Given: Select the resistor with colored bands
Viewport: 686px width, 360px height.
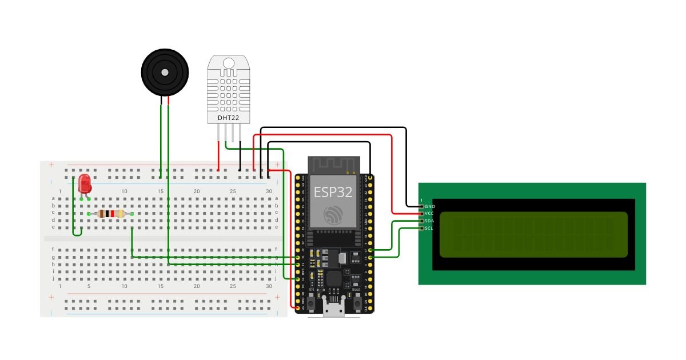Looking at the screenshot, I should (111, 214).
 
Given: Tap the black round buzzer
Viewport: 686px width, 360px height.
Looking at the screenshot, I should (165, 72).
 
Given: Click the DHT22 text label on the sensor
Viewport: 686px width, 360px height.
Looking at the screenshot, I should (228, 118).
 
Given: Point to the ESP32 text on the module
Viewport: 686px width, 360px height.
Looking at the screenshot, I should (333, 192).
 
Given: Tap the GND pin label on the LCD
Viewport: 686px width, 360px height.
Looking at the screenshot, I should (430, 206).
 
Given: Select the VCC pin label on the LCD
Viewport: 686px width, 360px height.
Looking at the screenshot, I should (430, 214).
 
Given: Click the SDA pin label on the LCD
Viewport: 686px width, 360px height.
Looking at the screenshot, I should (430, 221).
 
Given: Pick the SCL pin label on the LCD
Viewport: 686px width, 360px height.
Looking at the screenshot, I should (430, 229).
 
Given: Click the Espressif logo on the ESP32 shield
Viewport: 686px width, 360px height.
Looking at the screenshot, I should (333, 214).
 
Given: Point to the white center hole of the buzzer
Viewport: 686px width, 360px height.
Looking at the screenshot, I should (165, 73).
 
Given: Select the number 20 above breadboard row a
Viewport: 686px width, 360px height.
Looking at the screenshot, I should (197, 191).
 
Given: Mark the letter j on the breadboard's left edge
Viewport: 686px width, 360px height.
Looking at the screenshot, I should (53, 279).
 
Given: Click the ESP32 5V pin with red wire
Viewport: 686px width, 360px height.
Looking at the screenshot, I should (297, 309).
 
